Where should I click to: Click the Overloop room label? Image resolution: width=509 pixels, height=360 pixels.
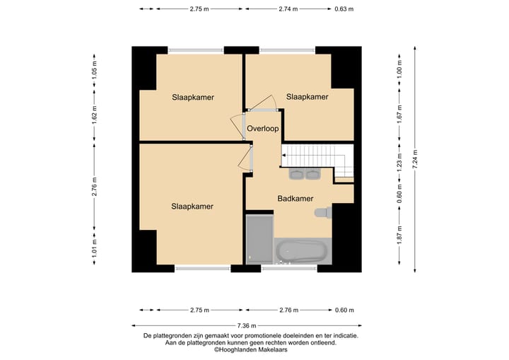click(262, 129)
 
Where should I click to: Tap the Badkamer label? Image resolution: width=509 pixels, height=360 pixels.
click(296, 199)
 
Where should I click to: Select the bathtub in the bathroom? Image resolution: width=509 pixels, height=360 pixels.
click(303, 251)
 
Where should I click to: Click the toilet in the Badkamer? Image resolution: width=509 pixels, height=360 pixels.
click(323, 212)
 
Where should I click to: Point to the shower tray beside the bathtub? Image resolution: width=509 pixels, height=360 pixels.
click(259, 240)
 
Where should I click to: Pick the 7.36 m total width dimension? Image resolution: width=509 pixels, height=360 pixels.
click(247, 325)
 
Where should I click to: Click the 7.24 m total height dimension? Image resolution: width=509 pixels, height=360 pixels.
click(415, 159)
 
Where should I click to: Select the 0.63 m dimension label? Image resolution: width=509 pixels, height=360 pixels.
click(344, 9)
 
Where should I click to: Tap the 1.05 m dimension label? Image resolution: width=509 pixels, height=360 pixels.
click(95, 71)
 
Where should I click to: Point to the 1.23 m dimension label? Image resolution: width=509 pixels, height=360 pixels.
click(399, 163)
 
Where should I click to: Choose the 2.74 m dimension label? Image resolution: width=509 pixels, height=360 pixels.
click(288, 9)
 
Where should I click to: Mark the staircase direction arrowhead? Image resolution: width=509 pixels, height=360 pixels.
click(283, 156)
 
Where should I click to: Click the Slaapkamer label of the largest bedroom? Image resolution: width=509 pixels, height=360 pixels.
click(192, 207)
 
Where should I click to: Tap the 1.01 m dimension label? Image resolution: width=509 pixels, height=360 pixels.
click(95, 248)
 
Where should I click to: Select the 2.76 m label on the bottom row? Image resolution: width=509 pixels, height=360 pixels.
click(289, 310)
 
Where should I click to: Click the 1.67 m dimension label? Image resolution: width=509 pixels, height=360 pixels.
click(399, 113)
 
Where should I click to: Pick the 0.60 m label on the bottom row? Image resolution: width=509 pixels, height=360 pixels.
click(344, 310)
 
